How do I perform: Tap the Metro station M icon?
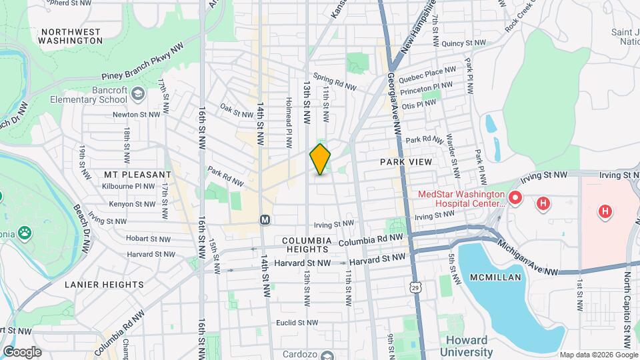pyautogui.click(x=265, y=219)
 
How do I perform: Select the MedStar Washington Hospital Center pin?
pyautogui.click(x=514, y=198)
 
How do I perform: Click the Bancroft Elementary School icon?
pyautogui.click(x=138, y=93)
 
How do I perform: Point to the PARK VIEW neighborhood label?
pyautogui.click(x=406, y=162)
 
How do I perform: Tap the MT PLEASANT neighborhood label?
pyautogui.click(x=138, y=175)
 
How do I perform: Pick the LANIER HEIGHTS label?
pyautogui.click(x=104, y=284)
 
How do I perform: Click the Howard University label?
pyautogui.click(x=466, y=346)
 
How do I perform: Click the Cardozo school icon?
pyautogui.click(x=327, y=355)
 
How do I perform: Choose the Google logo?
pyautogui.click(x=22, y=351)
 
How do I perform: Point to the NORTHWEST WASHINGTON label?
pyautogui.click(x=70, y=36)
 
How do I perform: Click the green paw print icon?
pyautogui.click(x=25, y=233)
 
